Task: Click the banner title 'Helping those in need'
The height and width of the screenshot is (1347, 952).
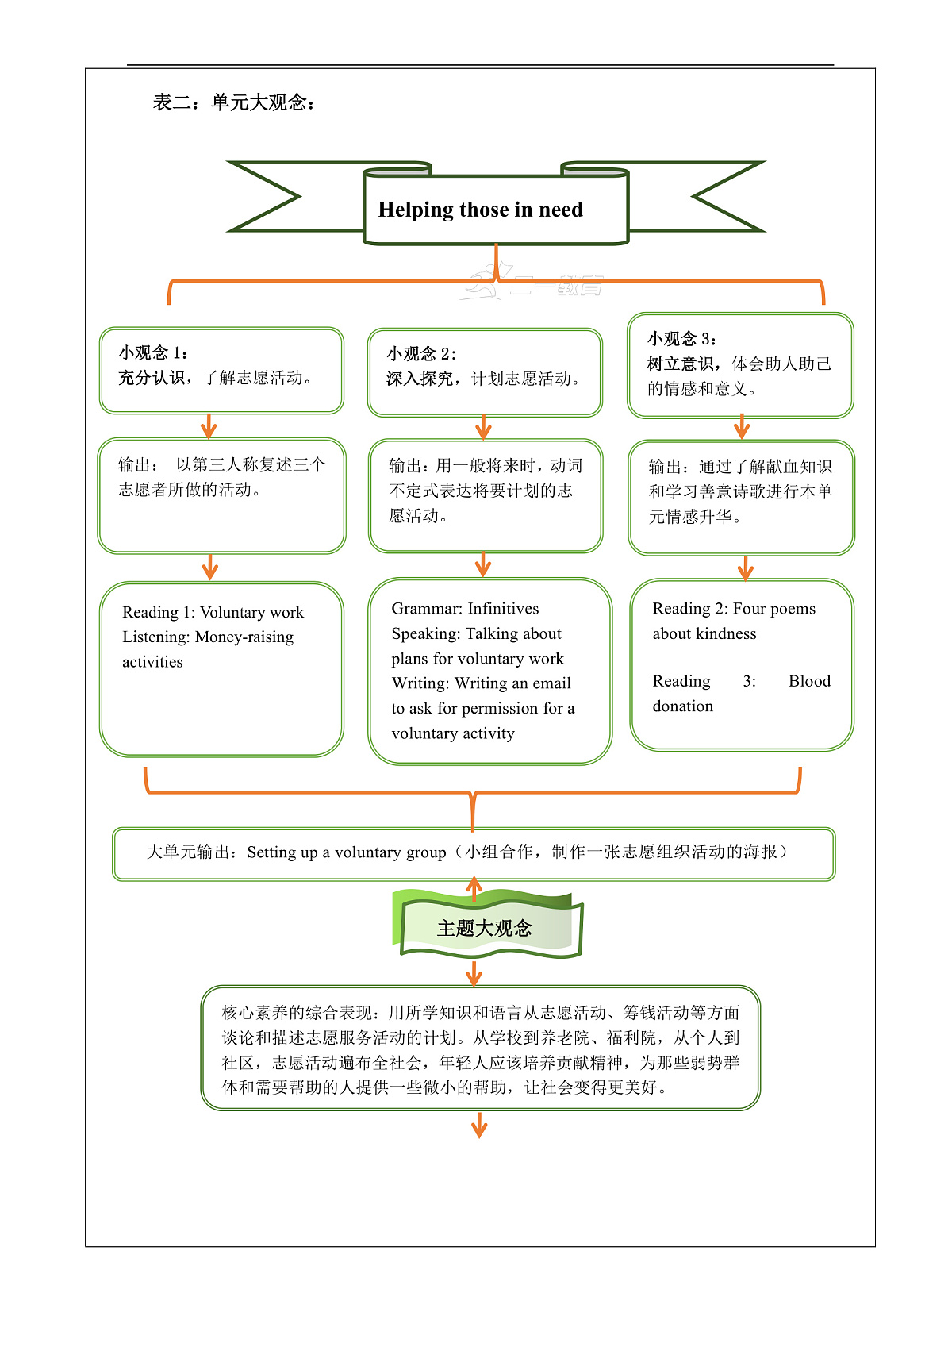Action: coord(480,210)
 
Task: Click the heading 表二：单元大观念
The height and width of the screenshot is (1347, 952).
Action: coord(234,102)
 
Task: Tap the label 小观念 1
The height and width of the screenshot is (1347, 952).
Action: coord(153,352)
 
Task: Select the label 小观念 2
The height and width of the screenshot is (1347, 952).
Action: coord(421,353)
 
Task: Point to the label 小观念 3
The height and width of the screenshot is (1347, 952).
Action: coord(681,339)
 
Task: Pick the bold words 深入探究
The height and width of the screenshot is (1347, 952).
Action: coord(420,379)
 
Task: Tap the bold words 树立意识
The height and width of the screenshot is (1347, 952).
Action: coord(680,364)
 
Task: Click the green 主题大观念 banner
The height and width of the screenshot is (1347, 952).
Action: coord(485,927)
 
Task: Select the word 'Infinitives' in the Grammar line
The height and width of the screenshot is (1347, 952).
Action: coord(503,609)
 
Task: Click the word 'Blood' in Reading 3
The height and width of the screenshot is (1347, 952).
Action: coord(809,681)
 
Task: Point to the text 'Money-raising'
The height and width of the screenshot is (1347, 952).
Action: coord(244,637)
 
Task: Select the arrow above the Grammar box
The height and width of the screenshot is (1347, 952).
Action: coord(483,564)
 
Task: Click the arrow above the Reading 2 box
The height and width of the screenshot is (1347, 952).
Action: coord(745,567)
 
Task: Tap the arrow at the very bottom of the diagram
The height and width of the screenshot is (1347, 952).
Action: coord(479,1125)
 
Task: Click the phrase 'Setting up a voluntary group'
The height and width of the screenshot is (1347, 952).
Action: coord(347,852)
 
